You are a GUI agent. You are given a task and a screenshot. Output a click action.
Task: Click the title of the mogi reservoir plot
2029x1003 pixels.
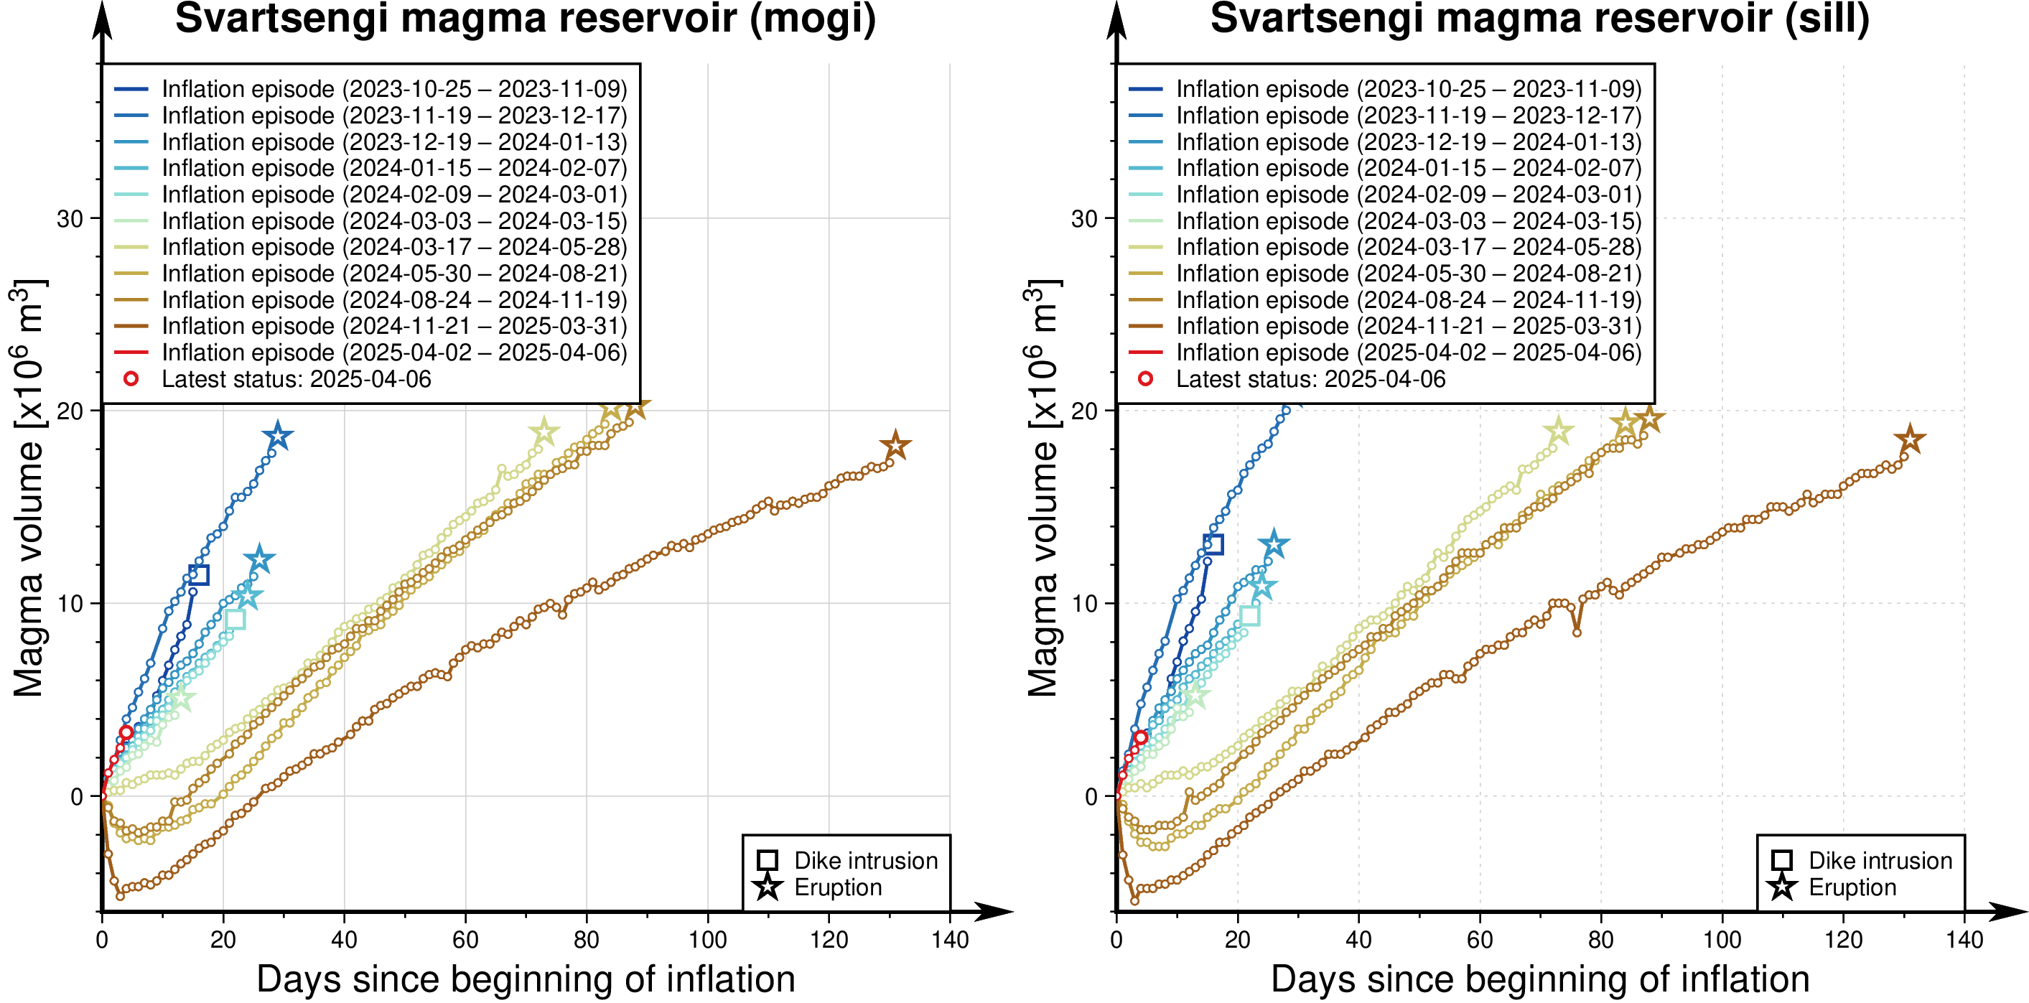point(526,19)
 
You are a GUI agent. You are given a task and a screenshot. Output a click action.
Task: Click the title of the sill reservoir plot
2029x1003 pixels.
point(1540,19)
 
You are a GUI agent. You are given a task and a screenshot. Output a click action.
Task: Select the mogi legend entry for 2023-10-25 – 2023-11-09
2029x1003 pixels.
point(394,89)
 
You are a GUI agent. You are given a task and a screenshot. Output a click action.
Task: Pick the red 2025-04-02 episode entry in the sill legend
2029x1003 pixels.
point(1409,353)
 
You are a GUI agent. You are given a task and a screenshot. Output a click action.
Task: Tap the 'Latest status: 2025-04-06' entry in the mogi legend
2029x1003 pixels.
point(296,379)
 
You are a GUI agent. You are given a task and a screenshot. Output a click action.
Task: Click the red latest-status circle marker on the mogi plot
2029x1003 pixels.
point(126,733)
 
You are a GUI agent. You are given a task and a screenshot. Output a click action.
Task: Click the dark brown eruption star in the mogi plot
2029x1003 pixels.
point(895,446)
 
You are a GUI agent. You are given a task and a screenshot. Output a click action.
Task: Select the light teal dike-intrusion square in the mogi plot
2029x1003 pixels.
point(235,620)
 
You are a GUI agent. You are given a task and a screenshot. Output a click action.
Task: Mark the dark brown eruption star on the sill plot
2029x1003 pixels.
point(1909,439)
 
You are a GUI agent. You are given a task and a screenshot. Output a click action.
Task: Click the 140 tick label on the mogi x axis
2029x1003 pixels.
point(950,940)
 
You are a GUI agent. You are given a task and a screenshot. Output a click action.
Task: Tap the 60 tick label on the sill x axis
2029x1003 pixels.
point(1480,940)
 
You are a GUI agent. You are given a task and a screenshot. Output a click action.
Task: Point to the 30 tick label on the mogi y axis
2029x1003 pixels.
point(70,219)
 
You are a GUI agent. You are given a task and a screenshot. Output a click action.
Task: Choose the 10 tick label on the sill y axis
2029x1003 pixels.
point(1085,604)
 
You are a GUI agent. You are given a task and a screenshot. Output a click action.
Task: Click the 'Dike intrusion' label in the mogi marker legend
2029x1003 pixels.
point(866,860)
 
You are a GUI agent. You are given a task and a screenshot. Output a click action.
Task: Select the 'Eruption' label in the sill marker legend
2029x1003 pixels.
point(1852,887)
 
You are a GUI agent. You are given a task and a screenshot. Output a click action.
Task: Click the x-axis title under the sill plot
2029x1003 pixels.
point(1540,979)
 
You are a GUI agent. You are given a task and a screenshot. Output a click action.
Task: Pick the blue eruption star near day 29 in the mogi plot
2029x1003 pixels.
point(277,436)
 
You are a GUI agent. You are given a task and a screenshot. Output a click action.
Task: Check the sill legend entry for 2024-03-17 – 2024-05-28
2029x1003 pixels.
point(1409,248)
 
